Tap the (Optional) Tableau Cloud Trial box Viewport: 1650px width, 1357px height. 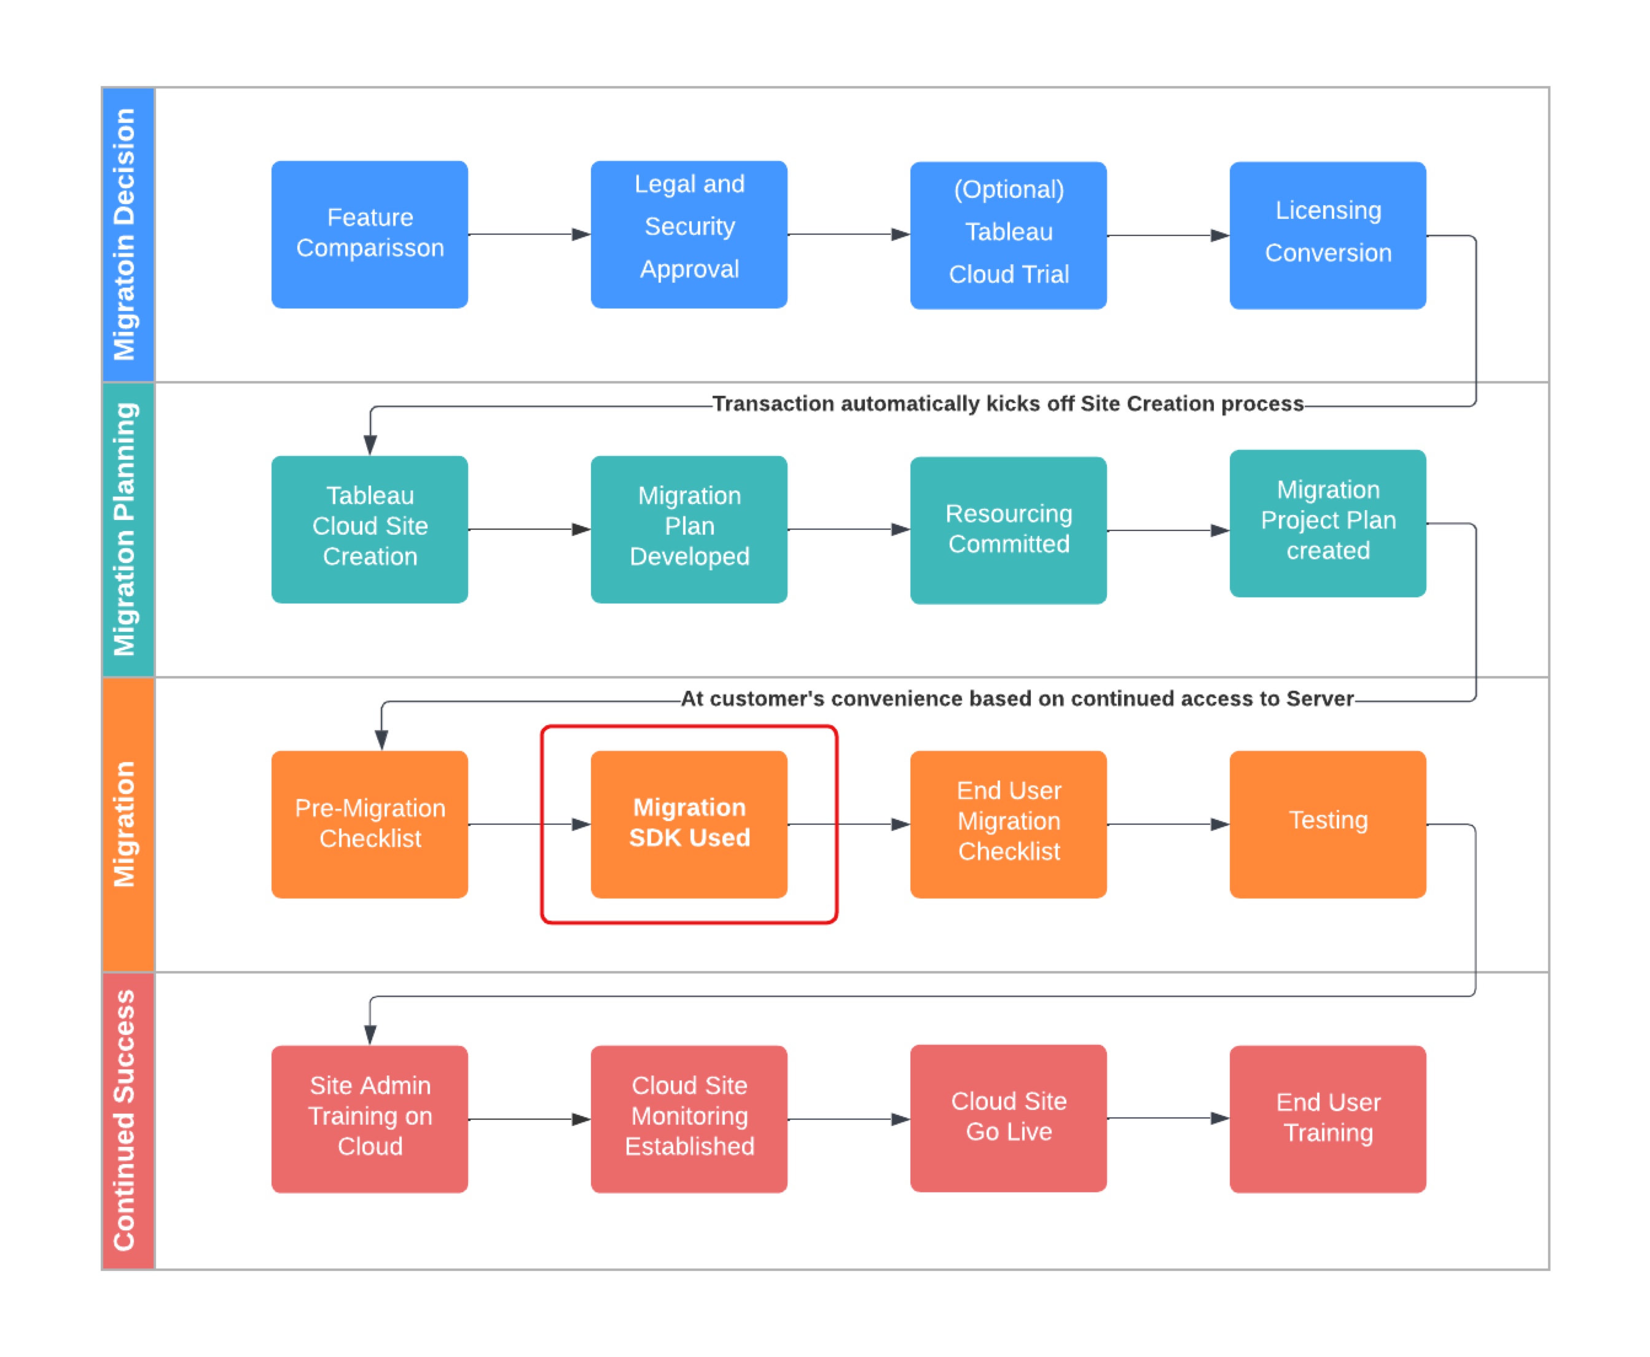click(1008, 235)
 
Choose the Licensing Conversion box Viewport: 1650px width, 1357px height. click(1327, 235)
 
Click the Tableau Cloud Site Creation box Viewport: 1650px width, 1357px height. click(370, 529)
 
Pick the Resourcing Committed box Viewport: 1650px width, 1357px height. click(1008, 530)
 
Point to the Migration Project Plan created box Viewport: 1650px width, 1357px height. click(1327, 523)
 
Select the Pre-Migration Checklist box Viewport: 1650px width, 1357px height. click(370, 824)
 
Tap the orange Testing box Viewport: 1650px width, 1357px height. click(1327, 824)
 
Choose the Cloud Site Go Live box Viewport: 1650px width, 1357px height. click(1008, 1118)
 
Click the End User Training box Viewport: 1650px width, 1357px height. click(1327, 1119)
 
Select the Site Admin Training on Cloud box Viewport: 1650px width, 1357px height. click(370, 1119)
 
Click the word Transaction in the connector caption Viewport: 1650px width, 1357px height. click(773, 403)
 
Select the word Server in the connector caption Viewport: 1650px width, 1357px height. click(1320, 698)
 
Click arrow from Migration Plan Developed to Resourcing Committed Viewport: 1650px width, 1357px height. click(848, 529)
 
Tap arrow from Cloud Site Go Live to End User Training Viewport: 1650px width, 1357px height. click(1168, 1118)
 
